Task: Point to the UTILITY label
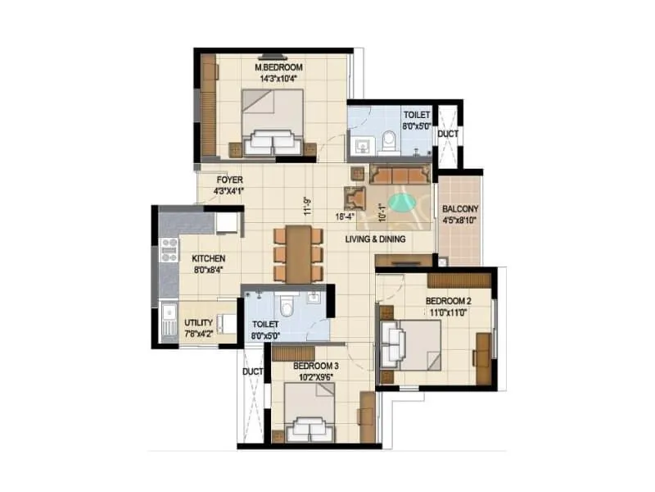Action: [x=199, y=322]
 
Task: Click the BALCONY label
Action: [x=458, y=208]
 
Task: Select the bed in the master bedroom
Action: [x=272, y=121]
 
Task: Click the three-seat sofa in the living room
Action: [x=399, y=174]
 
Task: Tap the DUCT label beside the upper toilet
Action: [x=447, y=134]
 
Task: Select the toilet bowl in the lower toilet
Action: [x=284, y=306]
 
